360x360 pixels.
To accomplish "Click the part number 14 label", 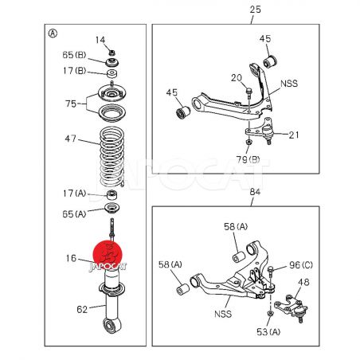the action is click(100, 40).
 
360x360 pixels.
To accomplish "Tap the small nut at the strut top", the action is click(112, 53).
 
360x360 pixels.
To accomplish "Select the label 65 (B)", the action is click(74, 55).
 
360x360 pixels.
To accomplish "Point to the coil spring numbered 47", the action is click(112, 157).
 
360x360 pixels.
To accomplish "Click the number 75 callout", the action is click(71, 104).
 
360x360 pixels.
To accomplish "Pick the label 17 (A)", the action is click(75, 194).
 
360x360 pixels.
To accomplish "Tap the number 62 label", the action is click(82, 309).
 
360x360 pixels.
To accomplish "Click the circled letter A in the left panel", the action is click(53, 33).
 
